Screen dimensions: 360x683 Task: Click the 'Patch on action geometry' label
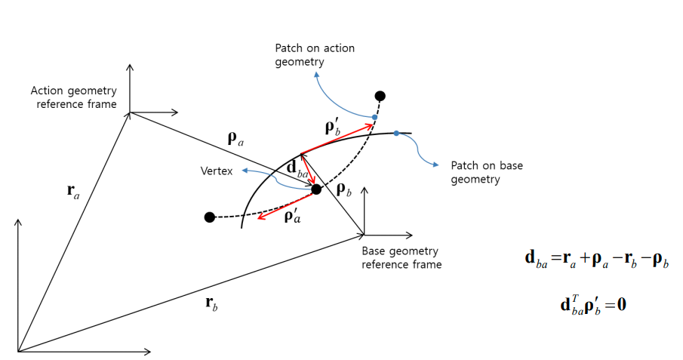tap(314, 54)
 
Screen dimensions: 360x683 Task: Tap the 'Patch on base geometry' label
tap(486, 172)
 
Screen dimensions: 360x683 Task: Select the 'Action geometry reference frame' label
tap(73, 97)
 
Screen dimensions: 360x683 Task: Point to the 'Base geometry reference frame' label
tap(401, 257)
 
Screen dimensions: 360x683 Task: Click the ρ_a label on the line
tap(236, 138)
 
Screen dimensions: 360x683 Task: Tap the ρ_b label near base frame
tap(343, 190)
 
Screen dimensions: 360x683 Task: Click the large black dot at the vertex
tap(316, 189)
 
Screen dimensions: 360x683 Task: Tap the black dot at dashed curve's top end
tap(380, 96)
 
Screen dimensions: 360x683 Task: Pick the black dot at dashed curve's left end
tap(209, 217)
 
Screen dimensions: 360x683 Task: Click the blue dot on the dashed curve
tap(374, 117)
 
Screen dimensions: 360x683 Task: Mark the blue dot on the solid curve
tap(396, 134)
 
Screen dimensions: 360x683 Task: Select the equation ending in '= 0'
tap(593, 305)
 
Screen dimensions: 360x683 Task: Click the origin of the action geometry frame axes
tap(130, 112)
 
